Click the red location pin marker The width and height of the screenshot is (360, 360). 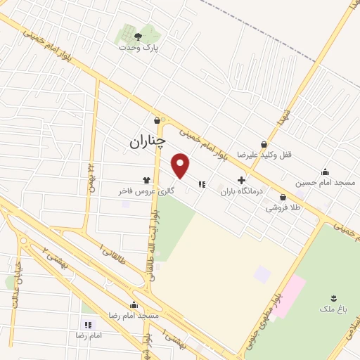pyautogui.click(x=181, y=166)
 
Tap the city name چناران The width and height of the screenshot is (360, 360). pyautogui.click(x=148, y=141)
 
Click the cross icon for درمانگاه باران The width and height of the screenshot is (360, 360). pyautogui.click(x=241, y=180)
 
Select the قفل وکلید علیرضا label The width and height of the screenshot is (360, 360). pyautogui.click(x=264, y=154)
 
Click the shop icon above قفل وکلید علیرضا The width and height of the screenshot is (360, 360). pyautogui.click(x=264, y=143)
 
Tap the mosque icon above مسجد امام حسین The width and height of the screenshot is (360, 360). pyautogui.click(x=325, y=172)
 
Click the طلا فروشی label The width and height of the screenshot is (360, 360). pyautogui.click(x=283, y=207)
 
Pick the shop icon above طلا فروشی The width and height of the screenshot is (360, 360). pyautogui.click(x=283, y=197)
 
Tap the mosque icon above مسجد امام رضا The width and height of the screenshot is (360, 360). pyautogui.click(x=134, y=305)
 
